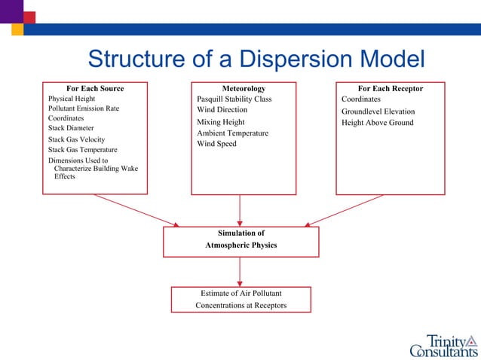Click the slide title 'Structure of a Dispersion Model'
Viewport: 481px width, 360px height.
256,59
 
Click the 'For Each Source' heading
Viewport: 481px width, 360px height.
95,89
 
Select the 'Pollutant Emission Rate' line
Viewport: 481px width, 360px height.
84,108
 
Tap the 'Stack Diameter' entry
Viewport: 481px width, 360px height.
71,128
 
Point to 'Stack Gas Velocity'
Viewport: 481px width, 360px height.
76,139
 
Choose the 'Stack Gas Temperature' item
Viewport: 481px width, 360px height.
82,150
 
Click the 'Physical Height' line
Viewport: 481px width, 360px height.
72,99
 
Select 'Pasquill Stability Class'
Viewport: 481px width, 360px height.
234,99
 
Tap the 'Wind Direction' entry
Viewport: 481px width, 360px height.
222,110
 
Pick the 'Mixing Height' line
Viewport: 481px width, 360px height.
220,122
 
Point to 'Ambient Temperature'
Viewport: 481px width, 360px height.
232,133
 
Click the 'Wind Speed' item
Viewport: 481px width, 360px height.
216,144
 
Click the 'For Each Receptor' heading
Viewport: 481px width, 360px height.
390,89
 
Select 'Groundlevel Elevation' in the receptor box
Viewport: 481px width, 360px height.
378,111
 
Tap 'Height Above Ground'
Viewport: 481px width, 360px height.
377,123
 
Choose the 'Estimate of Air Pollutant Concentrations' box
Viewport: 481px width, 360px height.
241,299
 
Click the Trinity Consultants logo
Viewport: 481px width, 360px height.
443,344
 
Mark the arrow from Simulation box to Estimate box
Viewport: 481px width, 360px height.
240,272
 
